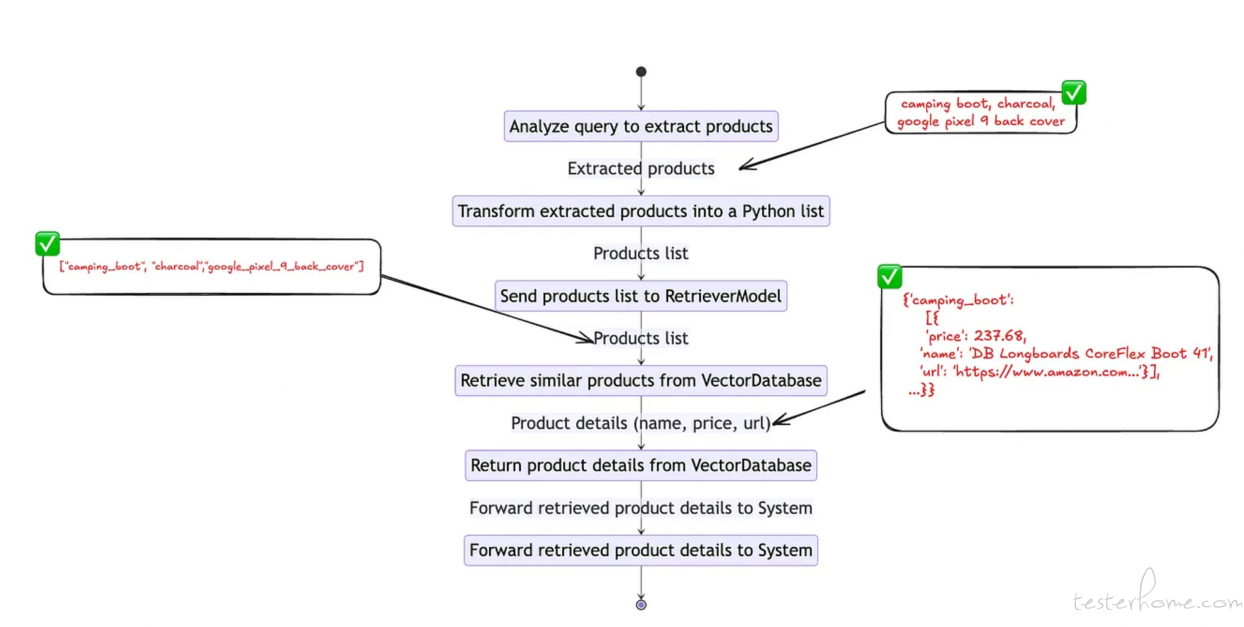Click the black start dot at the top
tap(641, 71)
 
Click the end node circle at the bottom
tap(641, 605)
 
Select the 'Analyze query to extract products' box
tap(641, 126)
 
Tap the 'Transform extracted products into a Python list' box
tap(641, 211)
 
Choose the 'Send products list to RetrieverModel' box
tap(641, 296)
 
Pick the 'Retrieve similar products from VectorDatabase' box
tap(641, 380)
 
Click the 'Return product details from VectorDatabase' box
tap(641, 465)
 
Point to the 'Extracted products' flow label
tap(641, 168)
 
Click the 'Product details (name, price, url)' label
tap(641, 423)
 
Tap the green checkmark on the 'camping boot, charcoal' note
tap(1074, 93)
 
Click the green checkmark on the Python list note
tap(47, 244)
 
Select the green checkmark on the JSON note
tap(890, 277)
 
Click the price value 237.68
tap(999, 336)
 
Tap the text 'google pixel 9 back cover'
tap(981, 121)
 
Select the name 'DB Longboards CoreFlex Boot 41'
tap(1091, 354)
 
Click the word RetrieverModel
tap(723, 296)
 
